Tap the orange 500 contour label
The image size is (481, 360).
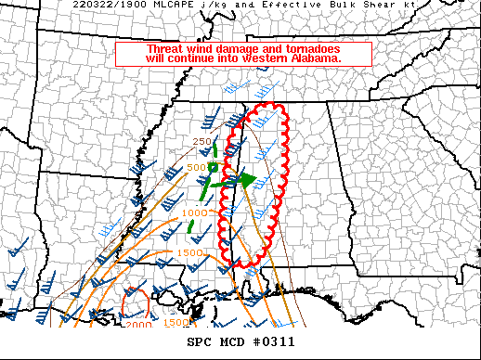click(x=195, y=168)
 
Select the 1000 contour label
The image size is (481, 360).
click(x=195, y=213)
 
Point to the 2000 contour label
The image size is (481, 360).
click(x=138, y=325)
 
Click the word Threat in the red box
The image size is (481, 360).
click(x=166, y=49)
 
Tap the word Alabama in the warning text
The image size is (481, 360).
click(x=315, y=58)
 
